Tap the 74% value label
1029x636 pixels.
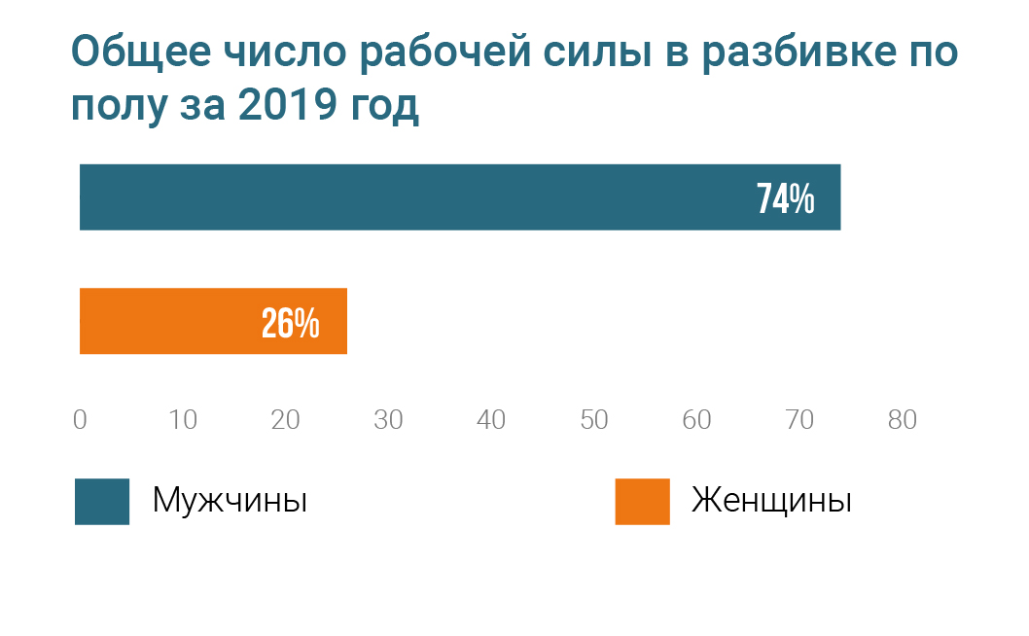click(785, 198)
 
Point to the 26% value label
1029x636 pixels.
click(290, 323)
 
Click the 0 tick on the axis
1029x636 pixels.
click(80, 420)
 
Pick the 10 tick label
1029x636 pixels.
click(183, 420)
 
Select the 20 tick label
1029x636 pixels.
click(285, 420)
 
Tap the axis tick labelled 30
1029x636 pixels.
click(388, 420)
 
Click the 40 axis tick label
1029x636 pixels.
click(491, 420)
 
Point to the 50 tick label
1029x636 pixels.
click(594, 420)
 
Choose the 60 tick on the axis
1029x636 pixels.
click(696, 420)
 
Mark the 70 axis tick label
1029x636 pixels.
click(799, 420)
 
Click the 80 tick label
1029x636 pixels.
click(903, 420)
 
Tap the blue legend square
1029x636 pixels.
click(102, 502)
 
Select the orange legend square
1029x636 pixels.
click(642, 502)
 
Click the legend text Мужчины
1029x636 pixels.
click(231, 502)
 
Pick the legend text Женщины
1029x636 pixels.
click(771, 502)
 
